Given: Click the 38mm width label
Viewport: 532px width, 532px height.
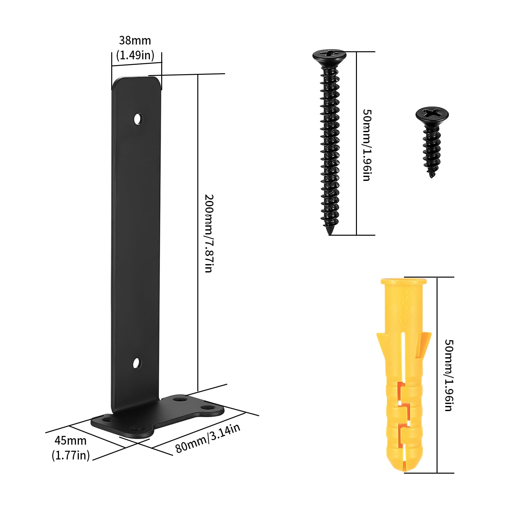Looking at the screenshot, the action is coord(135,41).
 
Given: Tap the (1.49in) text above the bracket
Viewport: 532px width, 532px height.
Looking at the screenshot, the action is coord(135,55).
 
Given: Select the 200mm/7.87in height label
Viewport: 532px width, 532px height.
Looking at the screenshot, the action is coord(209,233).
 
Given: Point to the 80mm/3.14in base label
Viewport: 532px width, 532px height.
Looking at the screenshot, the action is coord(208,438).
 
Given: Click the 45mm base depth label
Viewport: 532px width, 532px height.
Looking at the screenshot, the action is coord(71,440).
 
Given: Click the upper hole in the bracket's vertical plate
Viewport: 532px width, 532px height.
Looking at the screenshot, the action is coord(138,119).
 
